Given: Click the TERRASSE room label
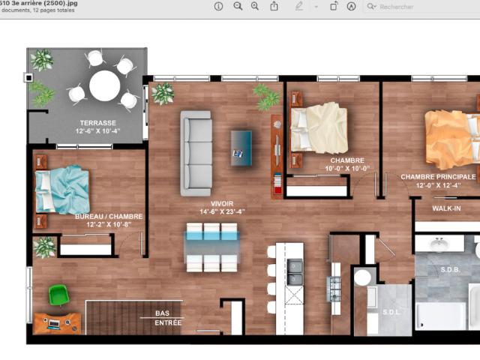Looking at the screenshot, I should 97,122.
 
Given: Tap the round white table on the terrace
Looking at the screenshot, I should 104,85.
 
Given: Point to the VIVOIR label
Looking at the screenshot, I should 223,202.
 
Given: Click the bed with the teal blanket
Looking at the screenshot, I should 62,189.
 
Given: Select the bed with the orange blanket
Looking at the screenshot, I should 450,139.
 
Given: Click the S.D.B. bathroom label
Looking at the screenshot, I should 451,268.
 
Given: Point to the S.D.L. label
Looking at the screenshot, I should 391,313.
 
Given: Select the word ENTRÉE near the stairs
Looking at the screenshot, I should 167,322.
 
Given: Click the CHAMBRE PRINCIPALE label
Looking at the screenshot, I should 437,177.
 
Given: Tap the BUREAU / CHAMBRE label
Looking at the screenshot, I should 108,216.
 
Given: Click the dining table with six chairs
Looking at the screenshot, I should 212,246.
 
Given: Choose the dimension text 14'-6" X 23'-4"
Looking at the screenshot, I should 223,211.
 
